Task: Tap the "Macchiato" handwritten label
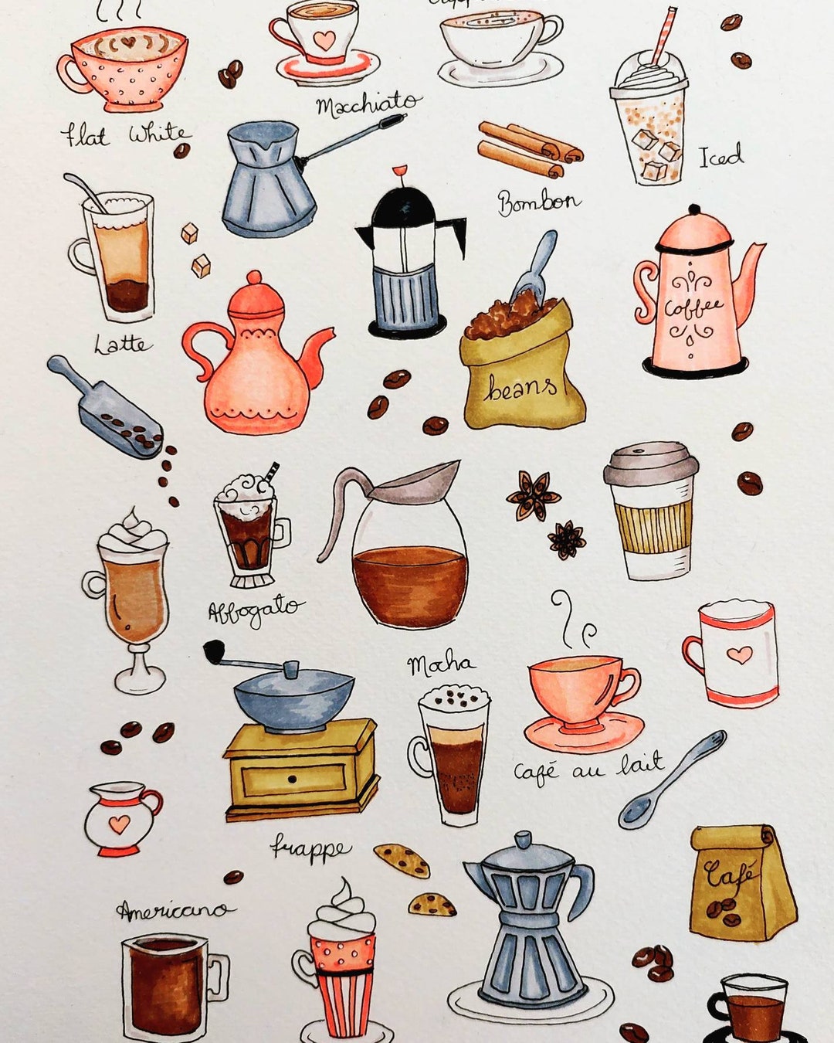[x=368, y=104]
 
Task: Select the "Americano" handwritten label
[x=173, y=911]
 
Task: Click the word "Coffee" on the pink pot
[x=693, y=307]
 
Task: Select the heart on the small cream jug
[x=118, y=824]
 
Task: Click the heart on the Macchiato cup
[x=324, y=39]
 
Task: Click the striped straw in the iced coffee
[x=663, y=35]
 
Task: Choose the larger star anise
[x=533, y=495]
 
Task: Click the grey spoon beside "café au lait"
[x=672, y=780]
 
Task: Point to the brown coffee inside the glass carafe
[x=409, y=583]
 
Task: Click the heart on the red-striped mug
[x=740, y=655]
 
